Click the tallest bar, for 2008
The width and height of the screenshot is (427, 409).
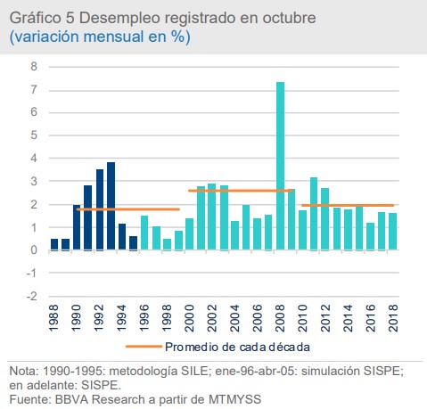click(280, 166)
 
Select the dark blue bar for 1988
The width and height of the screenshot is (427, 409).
click(54, 244)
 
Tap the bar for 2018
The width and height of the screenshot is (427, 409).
click(392, 232)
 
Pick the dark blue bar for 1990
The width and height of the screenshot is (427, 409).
click(78, 227)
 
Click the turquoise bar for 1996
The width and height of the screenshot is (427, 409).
click(144, 233)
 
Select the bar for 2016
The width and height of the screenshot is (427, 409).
click(370, 236)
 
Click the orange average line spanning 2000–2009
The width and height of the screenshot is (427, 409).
click(241, 191)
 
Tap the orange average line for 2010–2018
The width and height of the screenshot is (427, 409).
click(348, 205)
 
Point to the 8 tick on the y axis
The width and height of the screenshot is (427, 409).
click(34, 67)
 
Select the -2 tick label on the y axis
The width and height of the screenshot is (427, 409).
click(32, 297)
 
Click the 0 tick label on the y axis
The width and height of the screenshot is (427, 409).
click(34, 250)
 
